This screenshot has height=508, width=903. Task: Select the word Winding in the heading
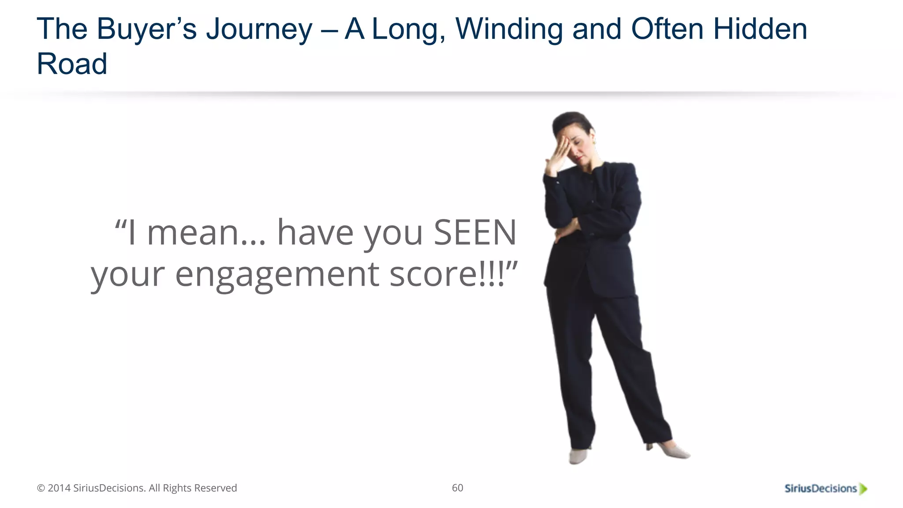(x=509, y=29)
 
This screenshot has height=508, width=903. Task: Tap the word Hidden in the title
(x=760, y=29)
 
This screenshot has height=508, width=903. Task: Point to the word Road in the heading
(x=72, y=64)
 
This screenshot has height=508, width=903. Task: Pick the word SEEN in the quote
(x=475, y=232)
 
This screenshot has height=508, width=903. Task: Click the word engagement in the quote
(x=277, y=275)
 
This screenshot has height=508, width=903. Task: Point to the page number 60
(x=457, y=488)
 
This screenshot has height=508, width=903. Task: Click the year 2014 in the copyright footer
(x=59, y=488)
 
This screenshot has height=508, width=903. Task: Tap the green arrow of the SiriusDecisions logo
(x=863, y=489)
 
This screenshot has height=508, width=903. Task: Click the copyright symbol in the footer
(x=41, y=488)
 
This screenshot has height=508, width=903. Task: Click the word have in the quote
(x=315, y=232)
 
